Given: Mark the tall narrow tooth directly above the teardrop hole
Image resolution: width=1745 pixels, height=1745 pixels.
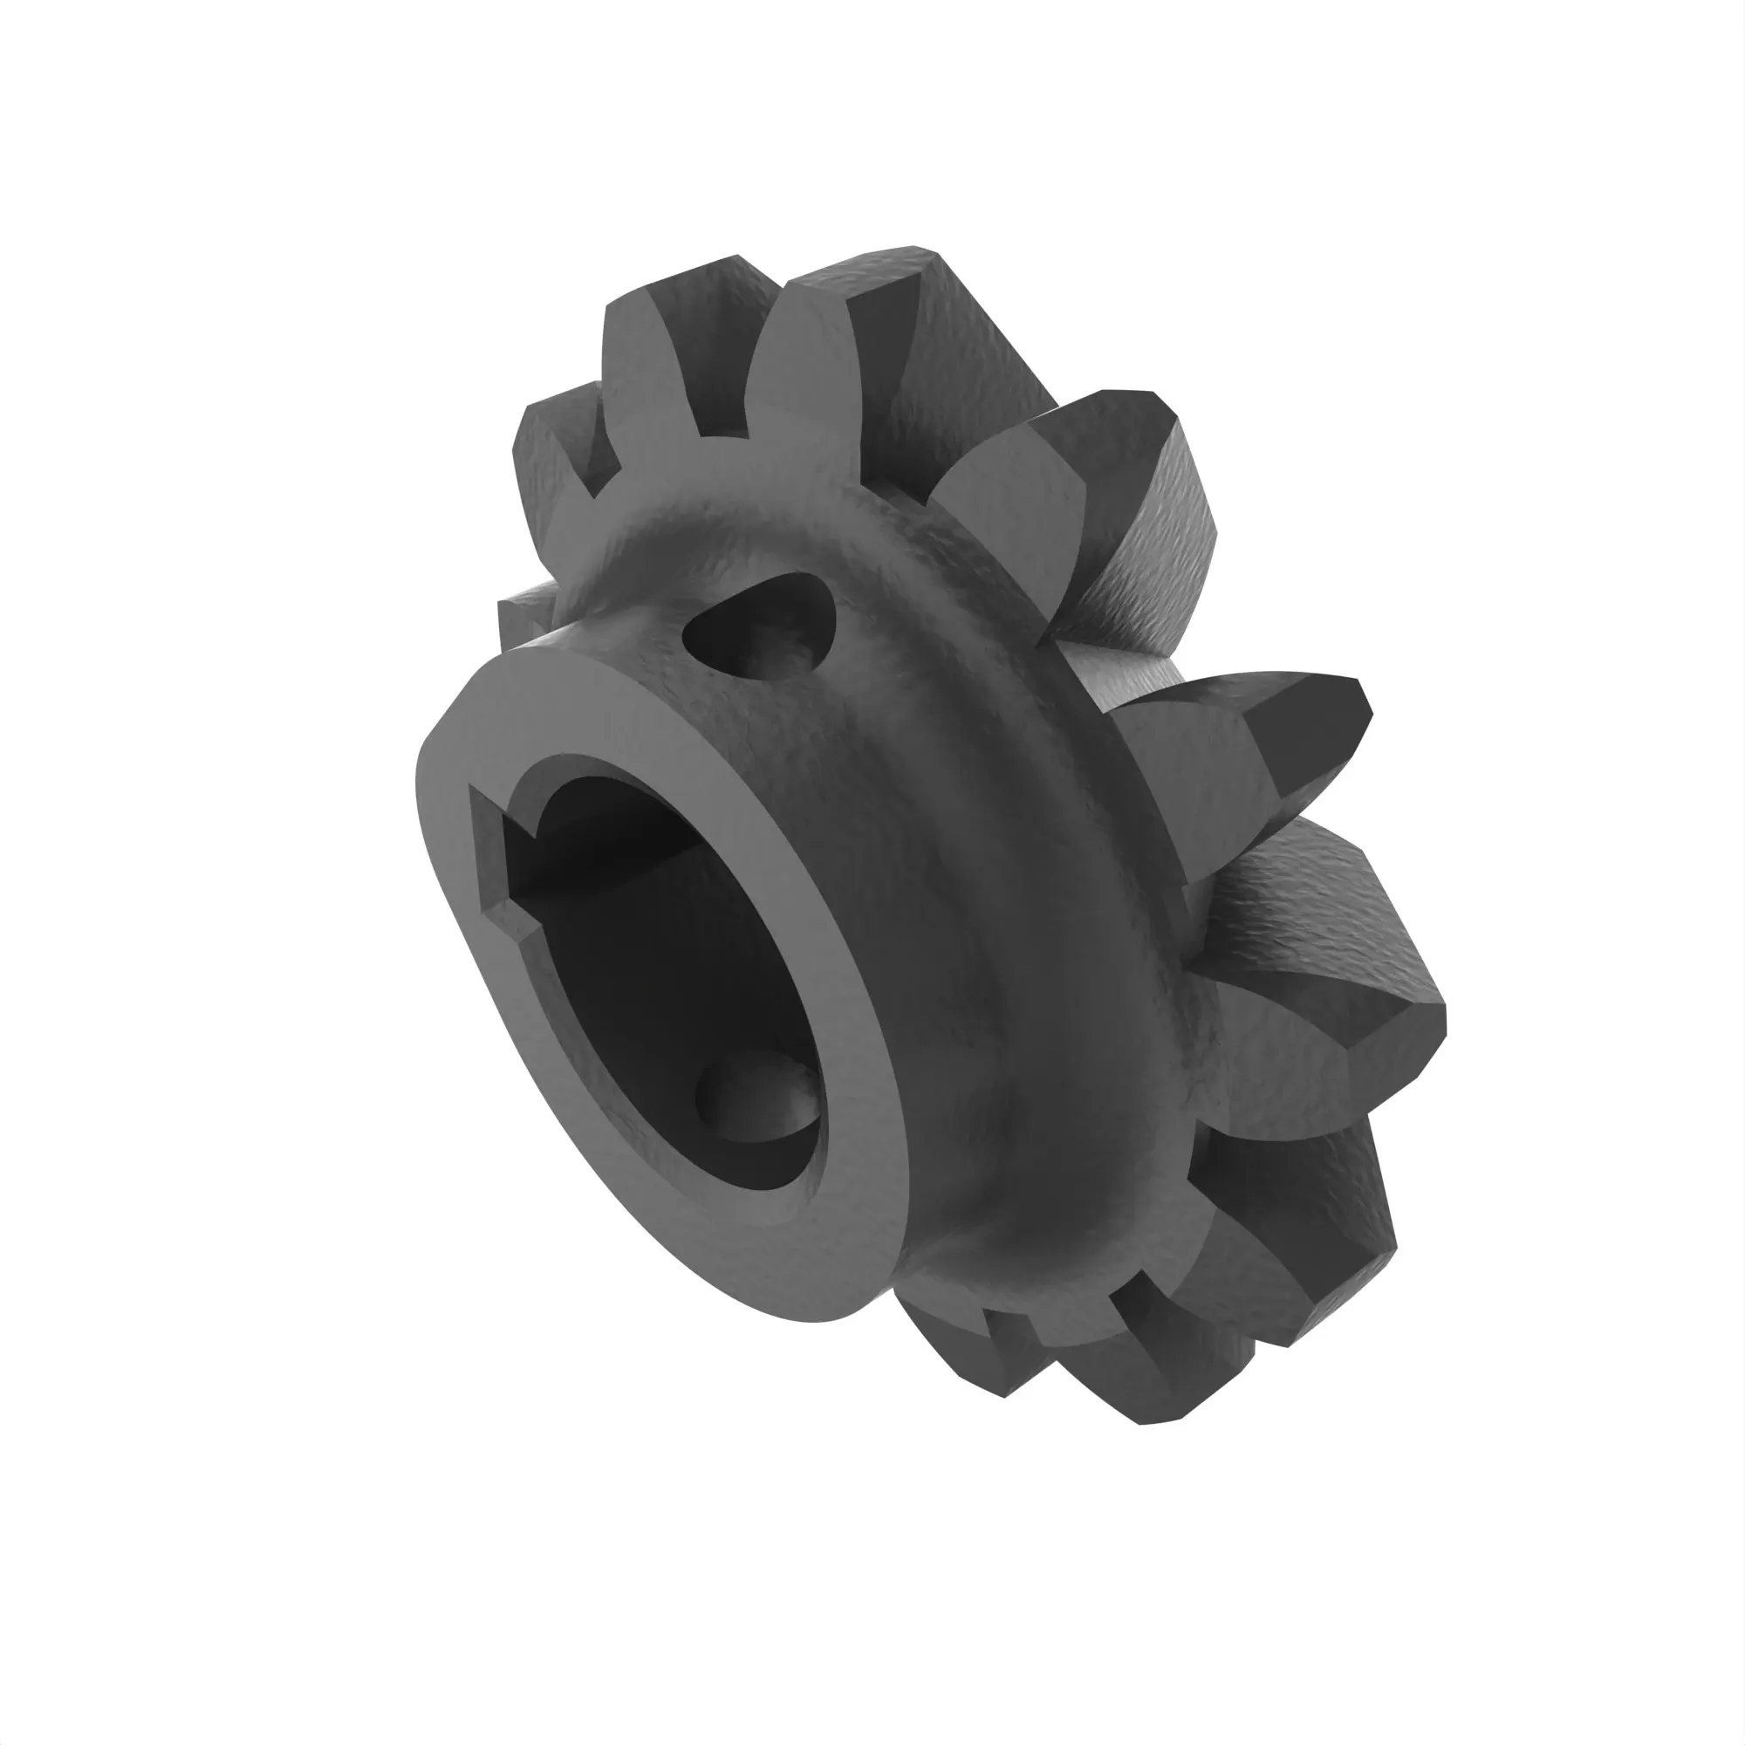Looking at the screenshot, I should (804, 361).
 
